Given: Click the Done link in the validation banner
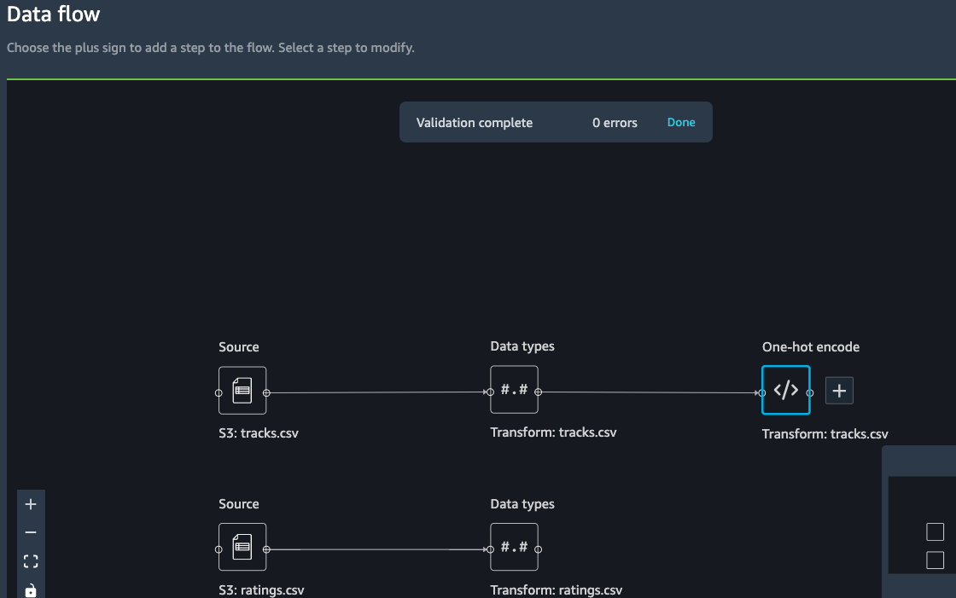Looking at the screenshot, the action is click(x=681, y=122).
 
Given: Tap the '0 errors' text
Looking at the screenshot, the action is click(x=615, y=123).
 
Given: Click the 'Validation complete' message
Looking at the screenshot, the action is click(x=475, y=123).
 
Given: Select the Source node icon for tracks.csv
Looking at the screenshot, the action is click(x=242, y=390).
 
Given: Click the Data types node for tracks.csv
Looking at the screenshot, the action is click(x=514, y=390).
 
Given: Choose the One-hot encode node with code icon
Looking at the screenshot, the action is click(x=786, y=390).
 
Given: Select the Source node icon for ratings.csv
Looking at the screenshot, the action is click(x=242, y=547).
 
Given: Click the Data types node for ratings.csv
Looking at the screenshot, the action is click(x=514, y=547).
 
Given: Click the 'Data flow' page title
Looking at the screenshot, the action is click(x=53, y=14).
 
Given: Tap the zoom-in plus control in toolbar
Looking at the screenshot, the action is click(x=31, y=504).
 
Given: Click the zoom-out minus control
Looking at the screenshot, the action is click(x=31, y=532).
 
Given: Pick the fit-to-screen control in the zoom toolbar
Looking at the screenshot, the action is click(x=31, y=560).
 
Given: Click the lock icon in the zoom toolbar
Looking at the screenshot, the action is click(x=31, y=590).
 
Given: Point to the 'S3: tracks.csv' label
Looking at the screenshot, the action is click(x=259, y=433).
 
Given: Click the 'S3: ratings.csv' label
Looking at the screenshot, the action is click(x=261, y=590).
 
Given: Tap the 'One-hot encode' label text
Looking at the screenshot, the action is click(x=811, y=347).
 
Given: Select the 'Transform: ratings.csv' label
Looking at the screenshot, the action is click(x=556, y=590).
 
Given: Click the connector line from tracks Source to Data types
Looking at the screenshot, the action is click(x=378, y=392).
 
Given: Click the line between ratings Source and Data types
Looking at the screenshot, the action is click(x=378, y=549).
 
